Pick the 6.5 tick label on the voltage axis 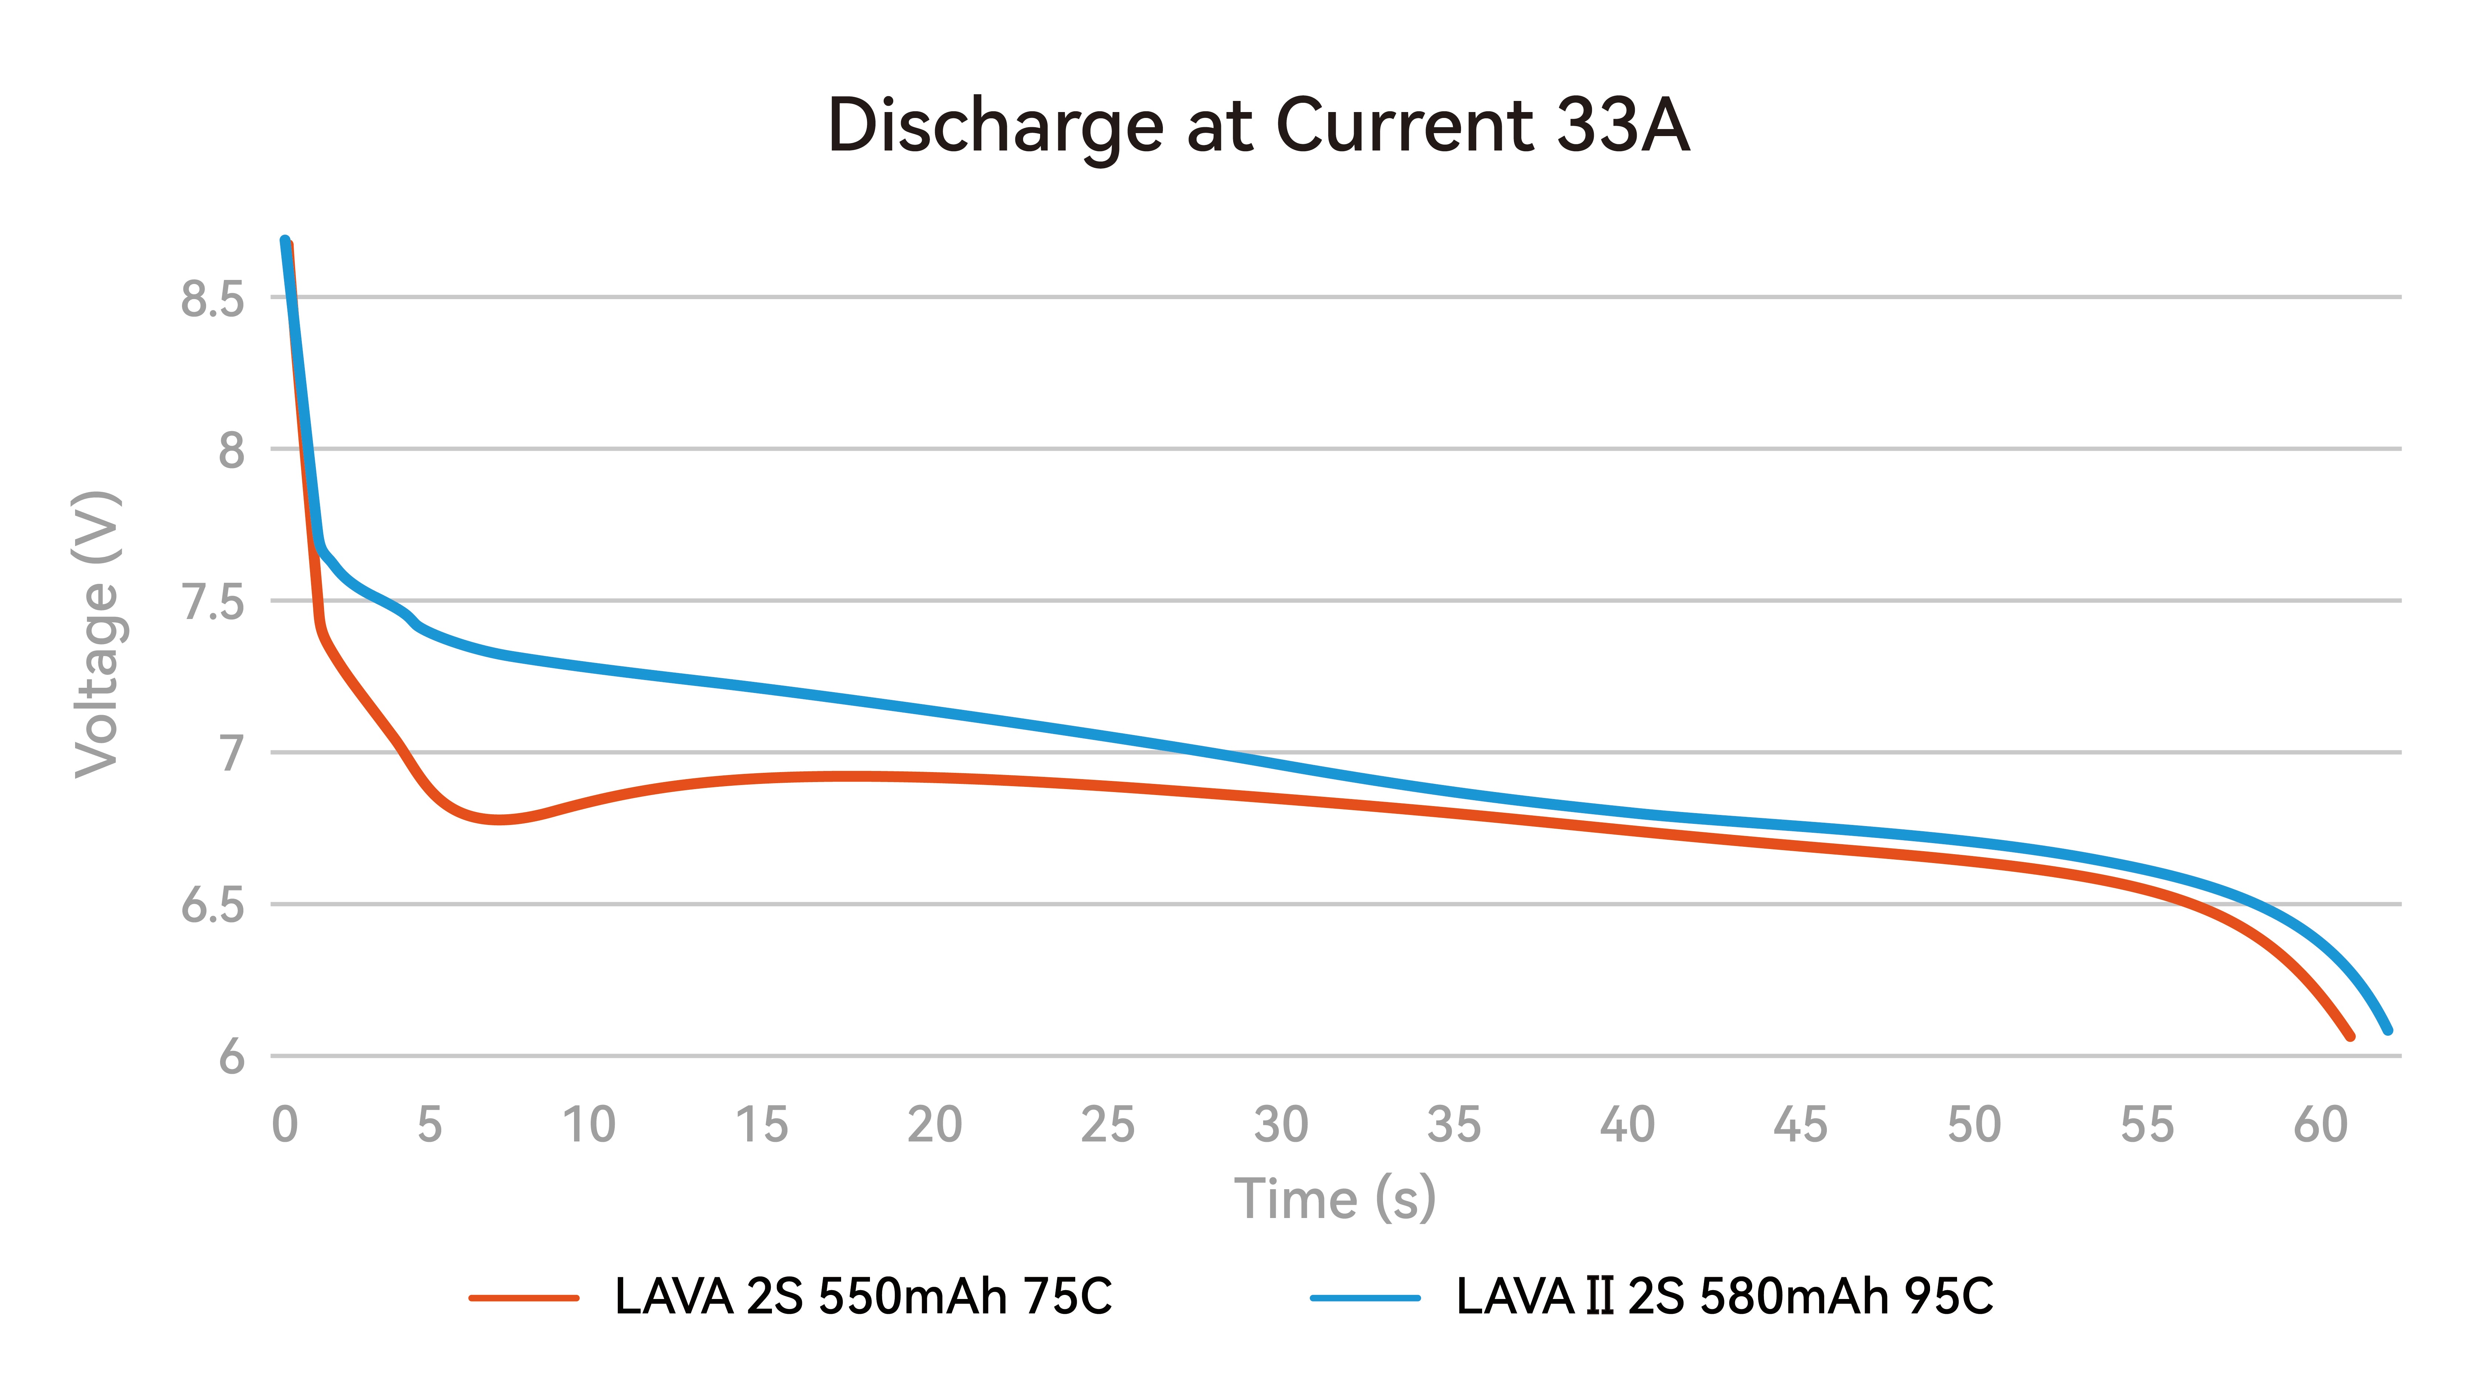(x=213, y=906)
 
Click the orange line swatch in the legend (x=524, y=1298)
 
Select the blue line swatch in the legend (x=1365, y=1298)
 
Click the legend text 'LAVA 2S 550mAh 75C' (x=863, y=1297)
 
